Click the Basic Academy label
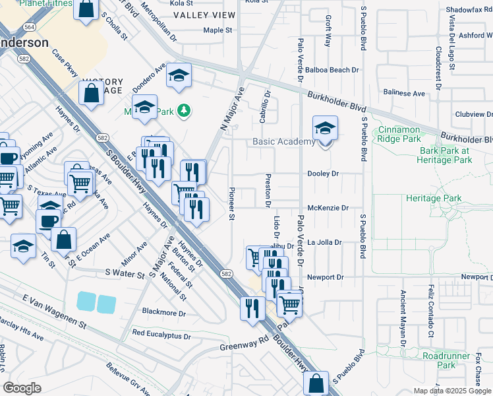(284, 142)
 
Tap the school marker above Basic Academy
(325, 129)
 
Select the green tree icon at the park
(185, 111)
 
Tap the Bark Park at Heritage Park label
(446, 155)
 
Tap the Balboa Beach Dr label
(335, 69)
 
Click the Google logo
(22, 387)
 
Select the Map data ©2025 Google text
(451, 391)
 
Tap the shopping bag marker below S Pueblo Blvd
(316, 383)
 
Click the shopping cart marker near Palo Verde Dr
(289, 304)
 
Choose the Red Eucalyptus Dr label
(161, 335)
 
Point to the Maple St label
(218, 30)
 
